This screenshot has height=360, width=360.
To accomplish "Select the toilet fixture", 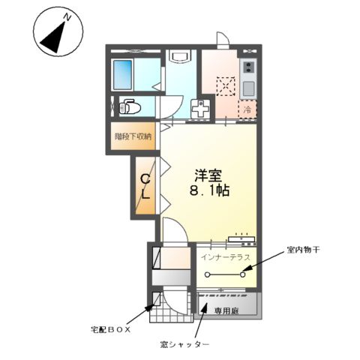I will click(129, 106).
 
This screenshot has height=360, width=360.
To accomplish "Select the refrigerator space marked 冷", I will click(247, 109).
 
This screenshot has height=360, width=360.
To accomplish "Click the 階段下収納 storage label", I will click(133, 136).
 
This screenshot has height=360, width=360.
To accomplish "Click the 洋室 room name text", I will click(208, 176).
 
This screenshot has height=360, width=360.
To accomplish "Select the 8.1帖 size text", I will click(208, 191).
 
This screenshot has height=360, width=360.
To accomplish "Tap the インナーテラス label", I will click(226, 256).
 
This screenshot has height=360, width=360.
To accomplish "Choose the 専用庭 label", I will click(226, 309).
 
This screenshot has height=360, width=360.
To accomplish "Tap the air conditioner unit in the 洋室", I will click(241, 238).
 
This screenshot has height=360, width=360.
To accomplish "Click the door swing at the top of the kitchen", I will click(223, 38).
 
